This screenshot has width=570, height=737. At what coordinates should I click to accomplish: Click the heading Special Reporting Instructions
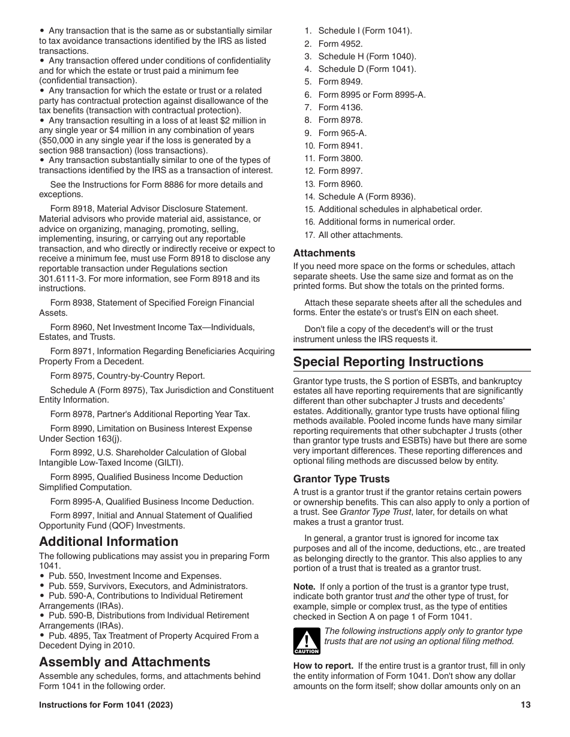388,362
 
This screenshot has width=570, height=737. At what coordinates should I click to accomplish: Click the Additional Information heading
109,542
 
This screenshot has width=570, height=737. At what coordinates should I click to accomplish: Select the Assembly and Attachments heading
125,662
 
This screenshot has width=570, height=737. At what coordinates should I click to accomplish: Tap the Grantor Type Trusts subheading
341,479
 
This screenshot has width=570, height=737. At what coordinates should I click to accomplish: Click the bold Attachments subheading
324,253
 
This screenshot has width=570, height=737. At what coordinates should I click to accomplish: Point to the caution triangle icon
306,641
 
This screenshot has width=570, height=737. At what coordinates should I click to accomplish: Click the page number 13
526,705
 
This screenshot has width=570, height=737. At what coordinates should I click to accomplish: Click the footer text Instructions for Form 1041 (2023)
106,705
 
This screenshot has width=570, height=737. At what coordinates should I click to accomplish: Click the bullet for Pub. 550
42,576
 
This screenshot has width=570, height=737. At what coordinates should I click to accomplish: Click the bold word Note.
304,587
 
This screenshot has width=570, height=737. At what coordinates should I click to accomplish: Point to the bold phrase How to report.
323,666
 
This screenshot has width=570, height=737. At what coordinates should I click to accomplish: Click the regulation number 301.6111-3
66,279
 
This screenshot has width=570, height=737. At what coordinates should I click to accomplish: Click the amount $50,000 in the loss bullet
57,140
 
